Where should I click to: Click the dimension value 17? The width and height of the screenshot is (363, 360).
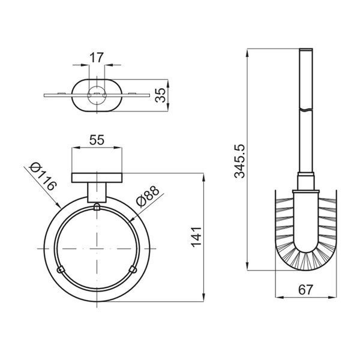pos(97,58)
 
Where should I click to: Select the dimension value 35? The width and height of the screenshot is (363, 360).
pos(160,95)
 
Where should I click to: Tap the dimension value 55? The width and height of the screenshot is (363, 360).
pos(97,140)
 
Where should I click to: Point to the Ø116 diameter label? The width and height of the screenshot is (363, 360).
pos(43,176)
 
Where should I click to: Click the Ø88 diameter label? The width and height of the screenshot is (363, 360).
pos(148,196)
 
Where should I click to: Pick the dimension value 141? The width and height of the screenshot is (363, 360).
pos(196,237)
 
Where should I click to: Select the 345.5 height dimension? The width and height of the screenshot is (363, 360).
pos(239,161)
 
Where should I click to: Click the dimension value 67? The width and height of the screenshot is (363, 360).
pos(305,289)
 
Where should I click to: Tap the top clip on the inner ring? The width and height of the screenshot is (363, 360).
pos(97,207)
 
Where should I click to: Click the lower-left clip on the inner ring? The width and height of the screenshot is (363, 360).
pos(61,269)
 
